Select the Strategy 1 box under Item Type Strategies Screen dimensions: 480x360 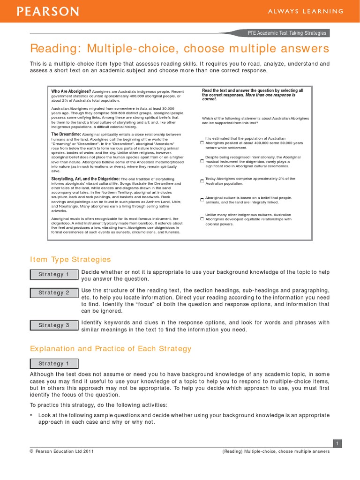[54, 274]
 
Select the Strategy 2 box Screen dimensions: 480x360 [54, 292]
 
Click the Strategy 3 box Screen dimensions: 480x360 [54, 325]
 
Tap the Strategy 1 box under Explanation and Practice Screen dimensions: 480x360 [54, 363]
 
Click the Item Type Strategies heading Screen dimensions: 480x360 [70, 259]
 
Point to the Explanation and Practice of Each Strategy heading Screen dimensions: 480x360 [111, 348]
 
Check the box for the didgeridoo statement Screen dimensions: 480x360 [202, 161]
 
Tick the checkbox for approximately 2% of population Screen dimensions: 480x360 [202, 181]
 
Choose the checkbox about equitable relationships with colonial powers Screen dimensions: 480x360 [202, 219]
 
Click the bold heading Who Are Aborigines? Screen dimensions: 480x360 [71, 91]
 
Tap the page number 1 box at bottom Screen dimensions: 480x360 [337, 443]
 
